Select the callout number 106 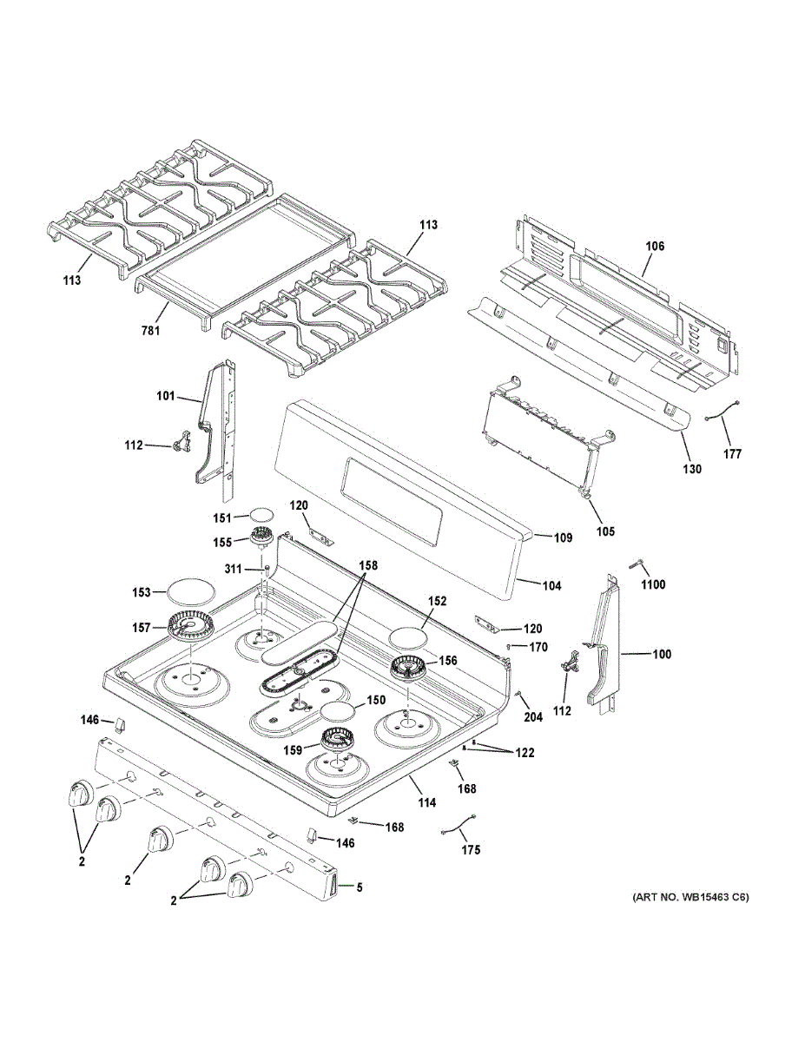[x=654, y=247]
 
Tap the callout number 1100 [x=653, y=584]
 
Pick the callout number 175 [x=470, y=850]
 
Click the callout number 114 [x=426, y=803]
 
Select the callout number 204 [x=532, y=717]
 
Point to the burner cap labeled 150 [x=339, y=714]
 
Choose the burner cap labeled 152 [x=408, y=636]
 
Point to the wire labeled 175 [x=460, y=831]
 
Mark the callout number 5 [x=359, y=887]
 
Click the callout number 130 [x=693, y=469]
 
